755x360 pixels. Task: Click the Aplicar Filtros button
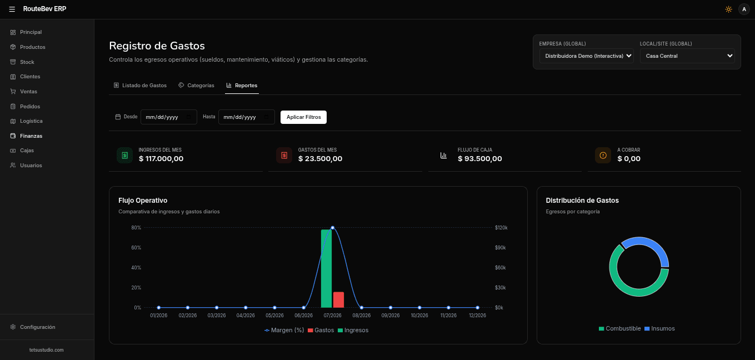coord(303,117)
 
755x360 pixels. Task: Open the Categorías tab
coord(196,86)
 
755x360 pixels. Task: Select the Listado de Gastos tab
coord(140,86)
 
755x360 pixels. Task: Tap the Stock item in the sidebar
coord(27,62)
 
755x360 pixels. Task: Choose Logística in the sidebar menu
coord(31,121)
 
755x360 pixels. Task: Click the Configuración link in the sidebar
coord(37,327)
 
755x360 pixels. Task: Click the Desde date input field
coord(168,117)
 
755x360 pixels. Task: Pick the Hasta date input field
coord(246,117)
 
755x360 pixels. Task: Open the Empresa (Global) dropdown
coord(587,56)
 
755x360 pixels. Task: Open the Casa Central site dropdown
coord(687,56)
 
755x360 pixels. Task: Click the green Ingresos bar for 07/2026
coord(326,269)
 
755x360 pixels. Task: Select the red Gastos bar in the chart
coord(338,299)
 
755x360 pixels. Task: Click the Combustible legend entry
coord(619,329)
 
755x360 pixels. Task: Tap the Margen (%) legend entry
coord(284,331)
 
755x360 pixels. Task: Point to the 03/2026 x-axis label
coord(216,316)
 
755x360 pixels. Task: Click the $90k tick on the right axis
coord(500,248)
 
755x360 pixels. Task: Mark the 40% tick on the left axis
coord(136,268)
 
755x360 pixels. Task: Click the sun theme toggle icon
coord(728,9)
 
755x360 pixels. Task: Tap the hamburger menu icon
coord(12,9)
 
